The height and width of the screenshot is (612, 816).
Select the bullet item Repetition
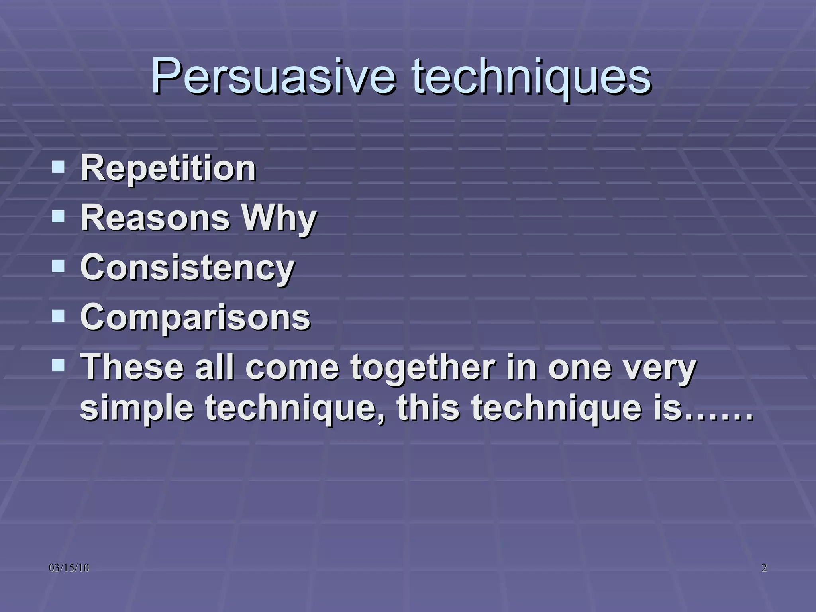(168, 168)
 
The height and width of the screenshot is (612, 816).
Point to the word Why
(279, 218)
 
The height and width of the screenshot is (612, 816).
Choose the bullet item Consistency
(187, 268)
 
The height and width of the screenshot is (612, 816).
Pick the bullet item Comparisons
(195, 318)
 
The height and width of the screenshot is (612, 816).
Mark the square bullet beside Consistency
(58, 265)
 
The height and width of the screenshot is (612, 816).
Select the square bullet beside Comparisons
(58, 315)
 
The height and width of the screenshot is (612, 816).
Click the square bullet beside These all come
(58, 364)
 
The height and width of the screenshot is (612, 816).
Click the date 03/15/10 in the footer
(69, 568)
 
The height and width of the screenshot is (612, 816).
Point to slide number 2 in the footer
(764, 568)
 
